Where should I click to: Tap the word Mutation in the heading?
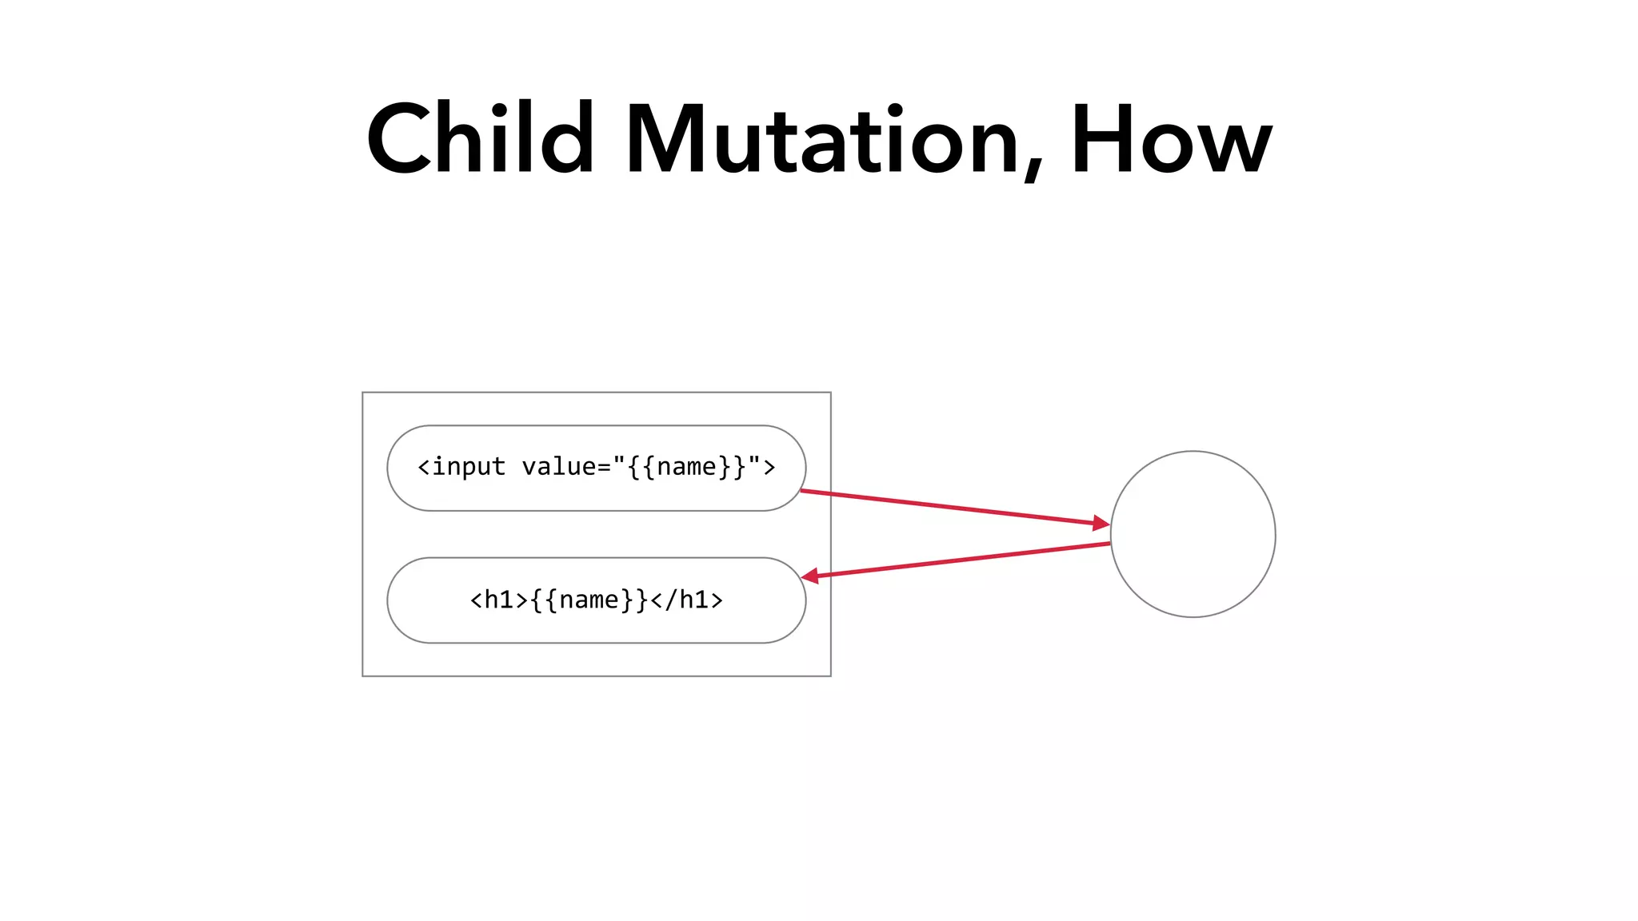click(824, 140)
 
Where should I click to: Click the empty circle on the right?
click(1193, 534)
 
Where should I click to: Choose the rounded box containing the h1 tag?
click(596, 628)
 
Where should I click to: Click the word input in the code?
click(469, 467)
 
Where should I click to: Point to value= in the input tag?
click(566, 467)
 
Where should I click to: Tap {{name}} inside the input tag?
click(686, 467)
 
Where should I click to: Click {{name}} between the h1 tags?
click(589, 600)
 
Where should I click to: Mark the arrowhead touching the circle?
click(1101, 524)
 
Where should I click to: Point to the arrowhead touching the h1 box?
click(810, 576)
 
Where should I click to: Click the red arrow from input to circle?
click(952, 507)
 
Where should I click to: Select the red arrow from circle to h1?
click(960, 560)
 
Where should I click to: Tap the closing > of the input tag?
click(769, 467)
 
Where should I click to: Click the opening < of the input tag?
click(424, 467)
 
